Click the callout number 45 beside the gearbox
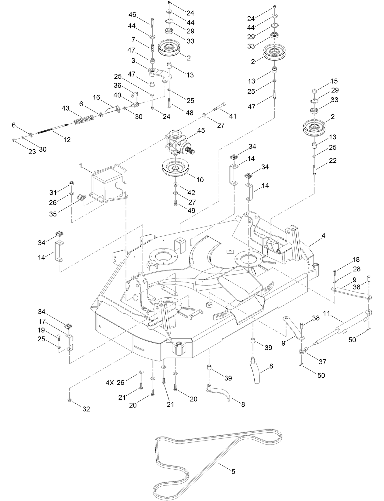pyautogui.click(x=201, y=130)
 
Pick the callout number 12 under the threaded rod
pyautogui.click(x=67, y=140)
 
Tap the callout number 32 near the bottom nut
pyautogui.click(x=86, y=409)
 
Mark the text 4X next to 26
pyautogui.click(x=110, y=383)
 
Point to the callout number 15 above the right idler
pyautogui.click(x=334, y=81)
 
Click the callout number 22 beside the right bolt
pyautogui.click(x=333, y=161)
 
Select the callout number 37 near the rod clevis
pyautogui.click(x=322, y=362)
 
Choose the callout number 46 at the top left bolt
pyautogui.click(x=132, y=15)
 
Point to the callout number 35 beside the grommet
pyautogui.click(x=53, y=214)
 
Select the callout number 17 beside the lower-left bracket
pyautogui.click(x=42, y=321)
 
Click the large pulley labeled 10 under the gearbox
pyautogui.click(x=176, y=170)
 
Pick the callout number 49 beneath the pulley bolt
pyautogui.click(x=192, y=211)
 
